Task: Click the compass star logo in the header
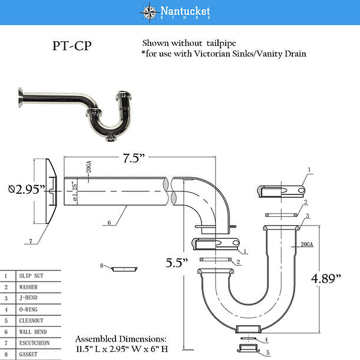149,12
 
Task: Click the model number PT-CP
72,46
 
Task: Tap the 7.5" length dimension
134,158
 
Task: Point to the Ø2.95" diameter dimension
27,189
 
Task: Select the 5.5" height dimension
177,263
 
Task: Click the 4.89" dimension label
326,279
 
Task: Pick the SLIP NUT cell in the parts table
31,276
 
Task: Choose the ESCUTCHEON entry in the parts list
34,343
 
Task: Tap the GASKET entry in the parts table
28,354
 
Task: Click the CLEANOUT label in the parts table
31,321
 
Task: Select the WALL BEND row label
33,332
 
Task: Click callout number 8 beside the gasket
102,266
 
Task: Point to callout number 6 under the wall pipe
109,223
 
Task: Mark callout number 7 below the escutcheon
31,241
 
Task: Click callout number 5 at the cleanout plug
267,353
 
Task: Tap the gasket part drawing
124,269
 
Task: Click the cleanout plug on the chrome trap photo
111,138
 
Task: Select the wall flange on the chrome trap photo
21,97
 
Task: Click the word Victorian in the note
212,54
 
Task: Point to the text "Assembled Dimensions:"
121,339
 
